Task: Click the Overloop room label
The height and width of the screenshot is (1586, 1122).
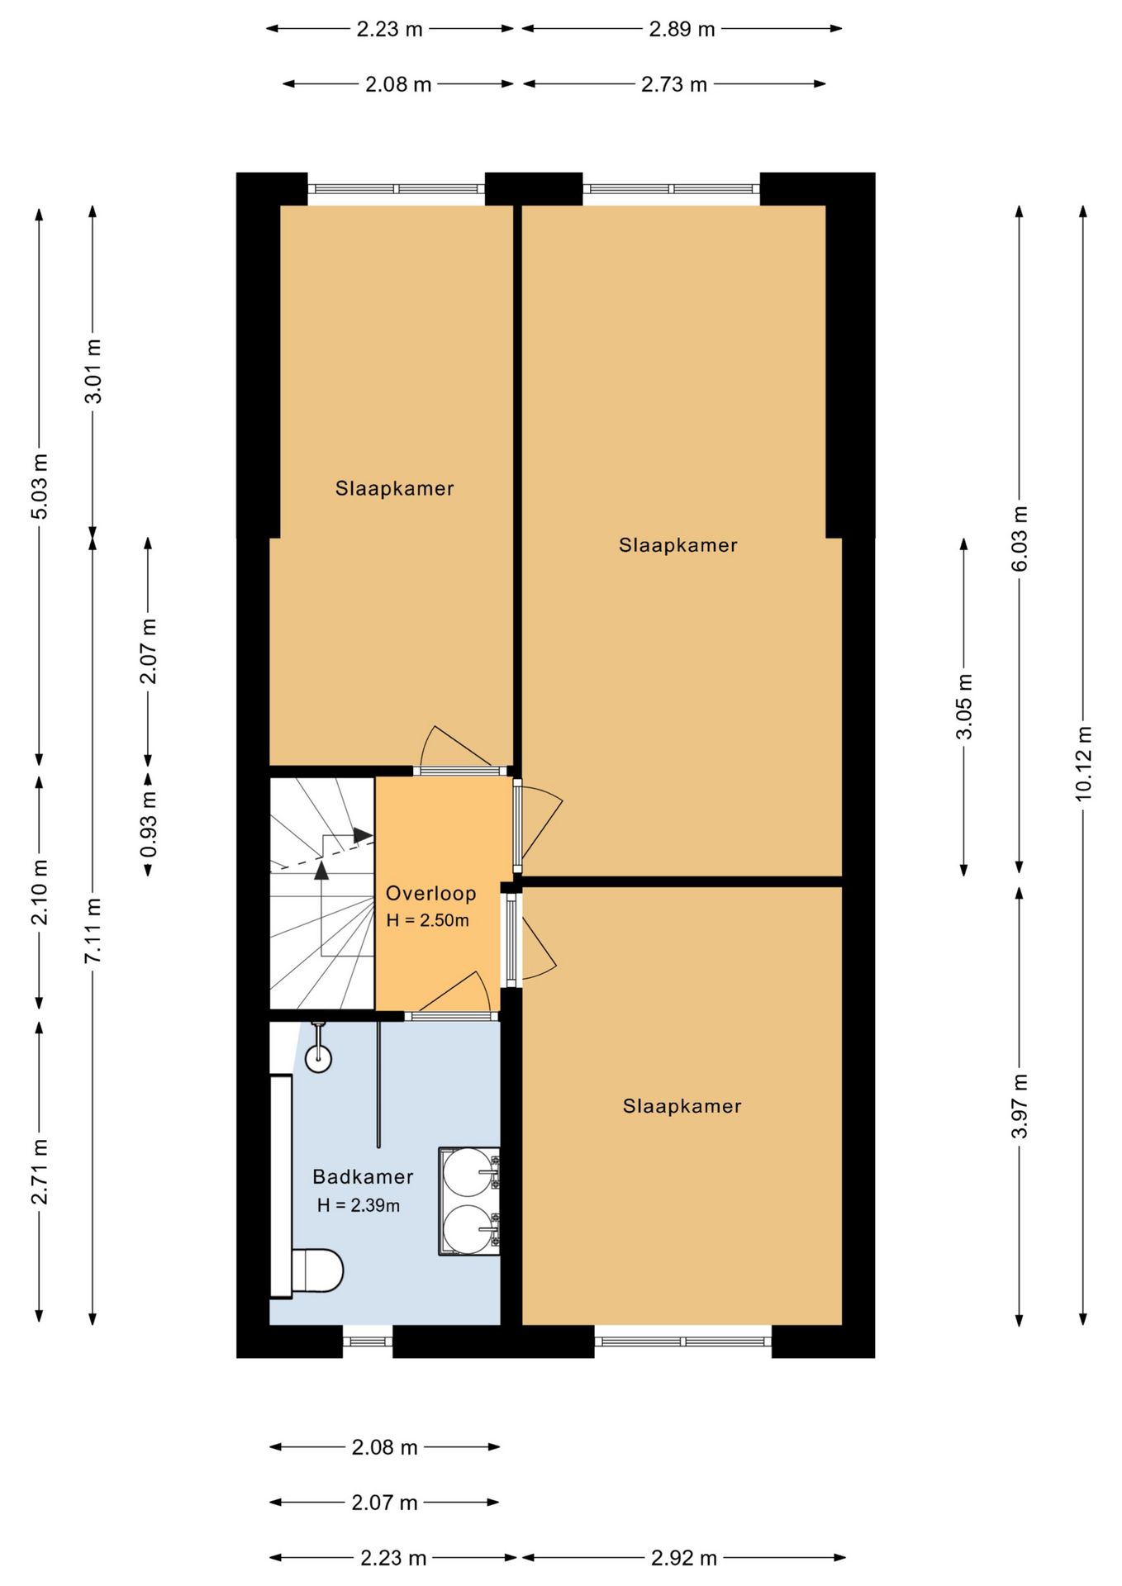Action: tap(430, 893)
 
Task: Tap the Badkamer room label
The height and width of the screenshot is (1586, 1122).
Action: tap(363, 1176)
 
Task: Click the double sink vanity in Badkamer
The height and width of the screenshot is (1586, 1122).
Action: tap(469, 1201)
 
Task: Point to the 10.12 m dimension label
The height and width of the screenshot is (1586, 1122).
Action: tap(1083, 763)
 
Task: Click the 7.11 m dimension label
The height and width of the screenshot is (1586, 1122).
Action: tap(93, 930)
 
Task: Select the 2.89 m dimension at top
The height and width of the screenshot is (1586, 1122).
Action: tap(682, 29)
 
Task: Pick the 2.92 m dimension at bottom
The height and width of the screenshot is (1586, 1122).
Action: tap(683, 1558)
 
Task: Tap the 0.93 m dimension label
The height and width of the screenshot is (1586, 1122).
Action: tap(148, 824)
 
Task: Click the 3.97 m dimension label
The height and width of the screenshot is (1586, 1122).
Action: tap(1020, 1106)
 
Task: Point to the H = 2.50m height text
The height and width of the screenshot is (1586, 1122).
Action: tap(427, 920)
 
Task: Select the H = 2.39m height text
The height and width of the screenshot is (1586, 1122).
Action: tap(359, 1205)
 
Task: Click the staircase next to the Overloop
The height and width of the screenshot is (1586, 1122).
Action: tap(322, 893)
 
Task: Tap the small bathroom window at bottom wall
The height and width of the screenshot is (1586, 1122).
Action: tap(368, 1341)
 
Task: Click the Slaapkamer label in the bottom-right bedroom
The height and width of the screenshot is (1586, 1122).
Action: tap(682, 1106)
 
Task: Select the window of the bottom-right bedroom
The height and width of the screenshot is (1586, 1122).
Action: tap(683, 1341)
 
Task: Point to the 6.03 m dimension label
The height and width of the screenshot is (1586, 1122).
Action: tap(1020, 539)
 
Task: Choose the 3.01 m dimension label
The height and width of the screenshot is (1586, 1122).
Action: tap(93, 371)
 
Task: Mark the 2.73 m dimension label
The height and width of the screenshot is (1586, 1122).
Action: tap(674, 84)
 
